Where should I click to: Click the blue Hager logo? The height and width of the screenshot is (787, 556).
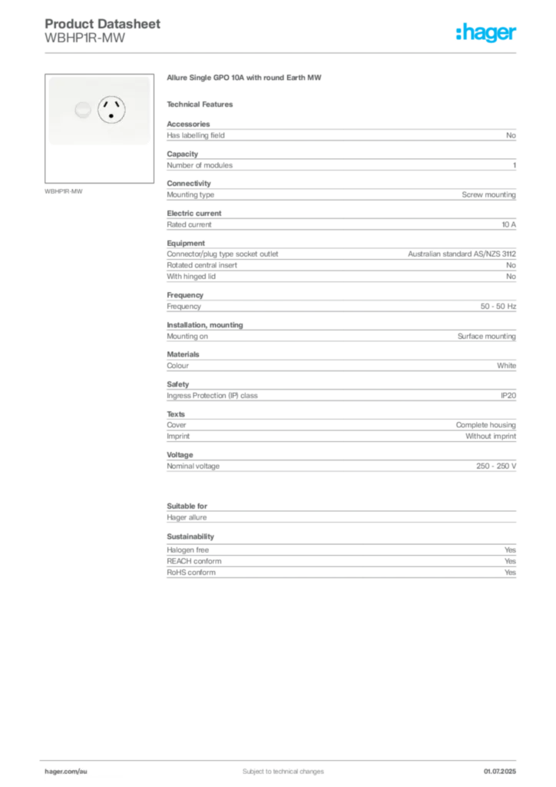[x=487, y=34]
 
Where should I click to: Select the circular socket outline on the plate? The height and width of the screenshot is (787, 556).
[x=111, y=111]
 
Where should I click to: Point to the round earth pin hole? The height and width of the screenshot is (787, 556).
[x=111, y=117]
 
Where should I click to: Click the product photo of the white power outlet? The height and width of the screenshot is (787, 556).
[x=97, y=111]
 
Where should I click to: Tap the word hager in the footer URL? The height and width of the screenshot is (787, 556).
[x=55, y=770]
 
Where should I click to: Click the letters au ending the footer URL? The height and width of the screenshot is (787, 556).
[x=84, y=770]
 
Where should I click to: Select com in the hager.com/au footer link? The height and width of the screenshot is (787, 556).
[x=72, y=770]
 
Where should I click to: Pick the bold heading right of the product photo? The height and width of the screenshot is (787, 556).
[x=246, y=79]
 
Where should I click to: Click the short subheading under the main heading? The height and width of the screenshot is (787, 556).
[x=203, y=104]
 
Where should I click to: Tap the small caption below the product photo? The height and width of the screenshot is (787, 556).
[x=65, y=191]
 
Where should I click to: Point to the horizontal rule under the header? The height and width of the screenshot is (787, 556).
[x=283, y=53]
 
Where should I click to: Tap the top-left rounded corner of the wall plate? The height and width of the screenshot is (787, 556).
[x=51, y=78]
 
